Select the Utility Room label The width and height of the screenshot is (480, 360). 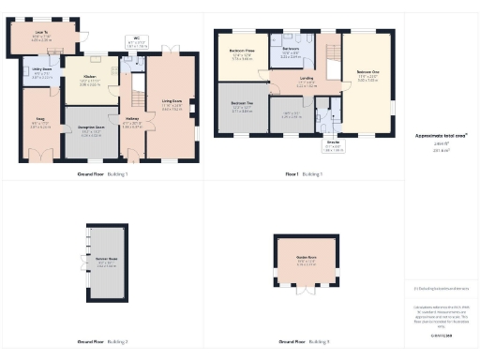[x=42, y=69]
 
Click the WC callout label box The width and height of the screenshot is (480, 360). [x=137, y=41]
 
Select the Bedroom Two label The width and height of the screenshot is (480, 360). [x=242, y=103]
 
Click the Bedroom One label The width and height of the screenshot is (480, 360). [x=368, y=71]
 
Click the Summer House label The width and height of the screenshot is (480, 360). [x=105, y=260]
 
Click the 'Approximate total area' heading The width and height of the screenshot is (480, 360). [x=441, y=135]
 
